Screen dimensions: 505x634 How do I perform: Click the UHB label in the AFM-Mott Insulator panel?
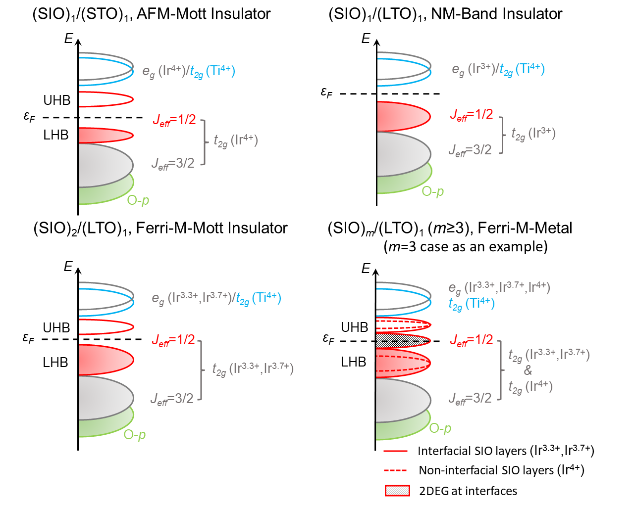click(57, 100)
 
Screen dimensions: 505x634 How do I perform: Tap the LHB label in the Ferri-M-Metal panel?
click(353, 362)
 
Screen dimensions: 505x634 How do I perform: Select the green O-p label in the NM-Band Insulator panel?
click(432, 191)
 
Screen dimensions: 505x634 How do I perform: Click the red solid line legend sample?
click(395, 451)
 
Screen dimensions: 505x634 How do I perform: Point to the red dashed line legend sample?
click(395, 470)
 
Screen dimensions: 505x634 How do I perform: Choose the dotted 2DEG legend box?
click(397, 491)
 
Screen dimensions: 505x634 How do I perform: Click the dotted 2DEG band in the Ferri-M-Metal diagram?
click(401, 340)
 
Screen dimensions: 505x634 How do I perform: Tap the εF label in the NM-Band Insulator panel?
click(327, 92)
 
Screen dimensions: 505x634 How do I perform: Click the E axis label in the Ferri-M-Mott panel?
click(68, 267)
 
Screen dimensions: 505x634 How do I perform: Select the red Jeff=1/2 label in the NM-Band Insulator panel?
click(472, 115)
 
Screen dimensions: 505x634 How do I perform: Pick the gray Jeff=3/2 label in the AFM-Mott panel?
click(173, 163)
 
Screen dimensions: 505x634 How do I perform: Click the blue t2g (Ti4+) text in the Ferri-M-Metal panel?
click(472, 303)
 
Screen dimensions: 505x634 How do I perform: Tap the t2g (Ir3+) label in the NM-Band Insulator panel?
click(533, 134)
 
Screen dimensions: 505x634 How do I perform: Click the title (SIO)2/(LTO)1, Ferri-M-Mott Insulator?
click(160, 228)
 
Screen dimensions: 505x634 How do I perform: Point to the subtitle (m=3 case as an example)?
click(466, 246)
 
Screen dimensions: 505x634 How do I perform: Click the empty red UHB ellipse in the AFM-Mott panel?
click(106, 99)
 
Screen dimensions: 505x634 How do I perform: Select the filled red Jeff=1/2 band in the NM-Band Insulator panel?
click(401, 117)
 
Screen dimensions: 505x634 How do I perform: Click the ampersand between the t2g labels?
click(528, 370)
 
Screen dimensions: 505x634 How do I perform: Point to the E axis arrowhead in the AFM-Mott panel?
click(78, 41)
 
